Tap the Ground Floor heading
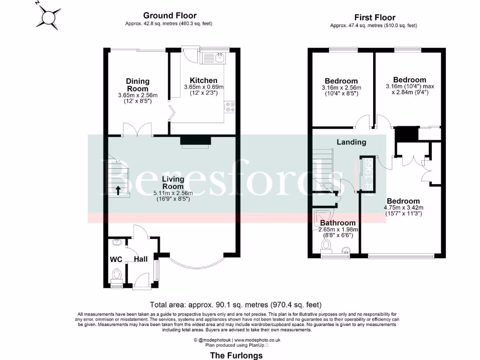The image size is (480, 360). (170, 16)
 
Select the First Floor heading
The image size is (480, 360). (375, 18)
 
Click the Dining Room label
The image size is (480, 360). (137, 85)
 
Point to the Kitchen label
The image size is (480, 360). (203, 80)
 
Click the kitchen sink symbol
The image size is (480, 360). (219, 58)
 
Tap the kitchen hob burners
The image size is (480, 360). (230, 107)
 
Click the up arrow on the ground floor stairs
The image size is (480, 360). (118, 190)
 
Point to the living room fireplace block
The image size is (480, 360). (196, 140)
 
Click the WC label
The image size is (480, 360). (116, 259)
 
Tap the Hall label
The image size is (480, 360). (141, 259)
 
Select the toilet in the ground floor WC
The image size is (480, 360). (117, 274)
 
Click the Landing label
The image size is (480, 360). (351, 142)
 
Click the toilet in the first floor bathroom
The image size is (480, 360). (327, 245)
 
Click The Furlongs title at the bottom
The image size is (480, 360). (236, 355)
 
